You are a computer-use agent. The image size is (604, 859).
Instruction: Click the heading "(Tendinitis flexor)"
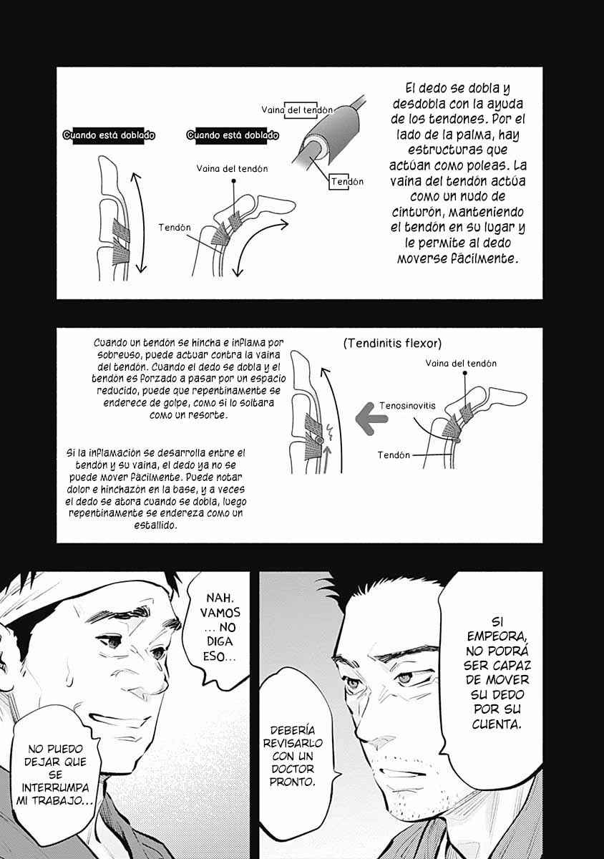point(392,343)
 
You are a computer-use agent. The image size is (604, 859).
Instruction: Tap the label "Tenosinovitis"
point(407,406)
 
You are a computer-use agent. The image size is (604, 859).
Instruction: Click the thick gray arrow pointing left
point(371,419)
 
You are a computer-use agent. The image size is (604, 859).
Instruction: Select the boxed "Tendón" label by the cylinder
point(348,181)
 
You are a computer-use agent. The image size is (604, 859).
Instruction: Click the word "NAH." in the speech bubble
point(220,598)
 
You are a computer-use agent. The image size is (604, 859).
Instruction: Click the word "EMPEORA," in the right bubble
point(497,636)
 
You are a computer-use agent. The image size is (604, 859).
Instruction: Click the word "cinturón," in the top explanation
point(418,212)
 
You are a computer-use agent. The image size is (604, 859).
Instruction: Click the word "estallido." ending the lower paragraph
point(155,525)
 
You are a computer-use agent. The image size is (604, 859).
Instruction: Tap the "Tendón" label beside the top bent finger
point(175,228)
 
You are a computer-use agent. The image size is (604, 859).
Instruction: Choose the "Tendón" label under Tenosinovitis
point(394,455)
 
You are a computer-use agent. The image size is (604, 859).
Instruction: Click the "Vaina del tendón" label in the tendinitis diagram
point(461,363)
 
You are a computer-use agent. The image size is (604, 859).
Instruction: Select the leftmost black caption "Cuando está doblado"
point(109,135)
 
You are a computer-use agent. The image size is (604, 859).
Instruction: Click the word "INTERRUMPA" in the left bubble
point(55,787)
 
